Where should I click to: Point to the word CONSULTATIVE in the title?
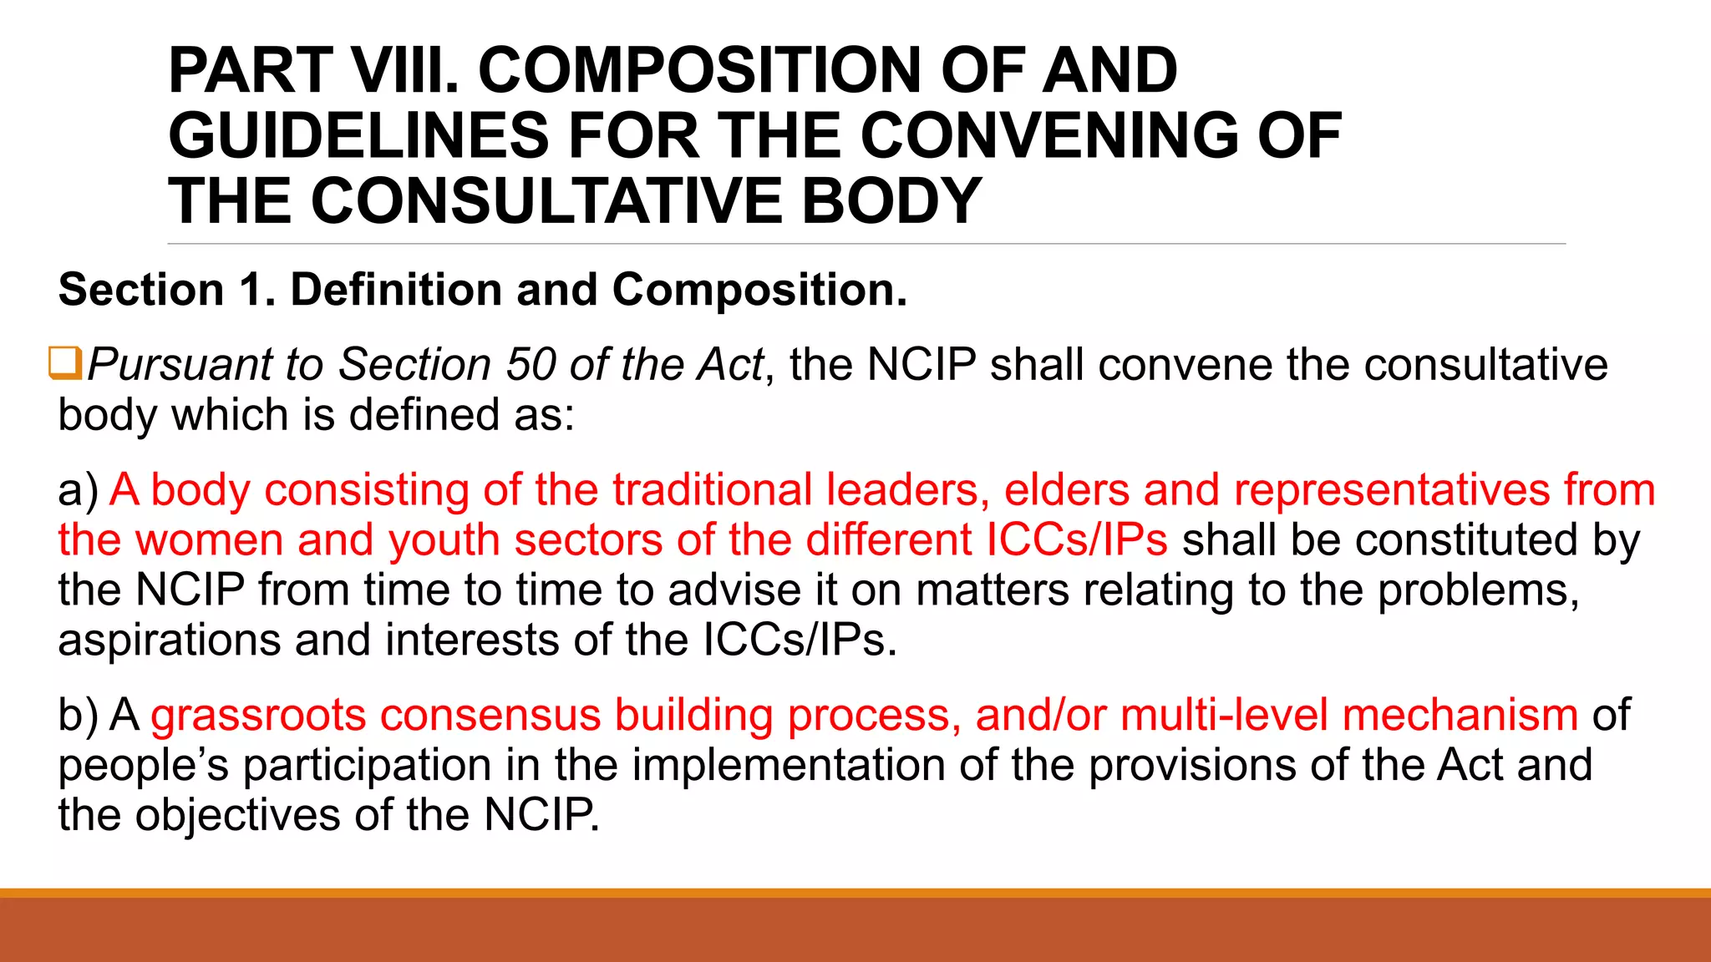[547, 202]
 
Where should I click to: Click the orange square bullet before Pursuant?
[64, 363]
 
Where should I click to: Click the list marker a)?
[78, 490]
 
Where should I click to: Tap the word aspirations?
[169, 640]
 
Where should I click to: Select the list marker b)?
[78, 716]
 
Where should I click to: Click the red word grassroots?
[258, 716]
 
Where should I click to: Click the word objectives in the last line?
[237, 816]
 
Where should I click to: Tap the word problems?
[1477, 590]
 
